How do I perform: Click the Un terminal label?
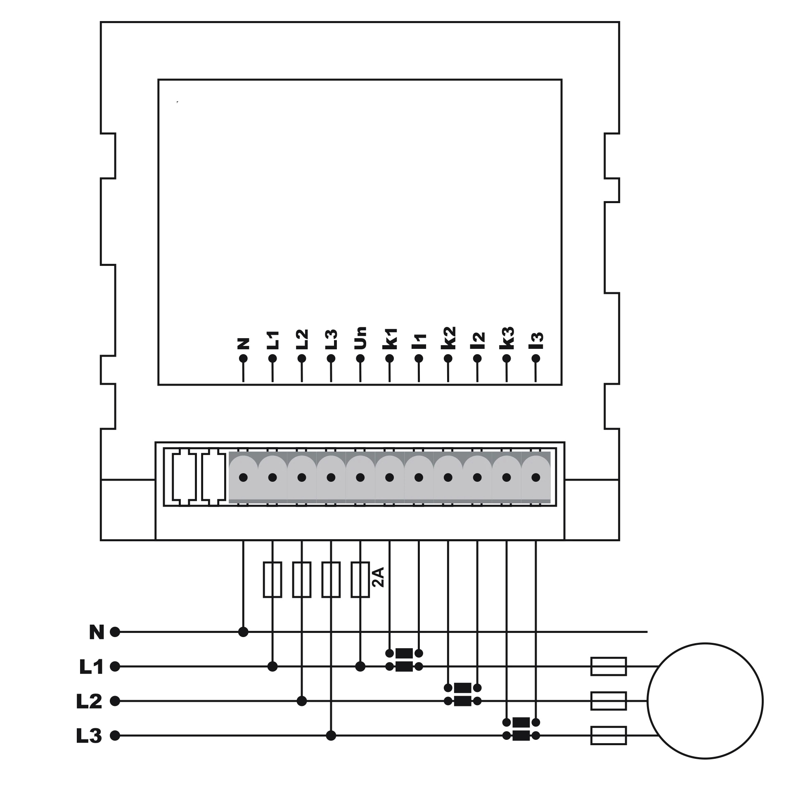tap(360, 338)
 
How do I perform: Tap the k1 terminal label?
tap(390, 339)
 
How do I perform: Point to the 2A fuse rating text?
tap(378, 577)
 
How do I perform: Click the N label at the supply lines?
tap(97, 632)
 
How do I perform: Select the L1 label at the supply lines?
tap(91, 667)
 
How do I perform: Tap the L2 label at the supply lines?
tap(89, 701)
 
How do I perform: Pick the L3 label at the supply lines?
tap(89, 736)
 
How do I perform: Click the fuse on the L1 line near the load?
tap(609, 667)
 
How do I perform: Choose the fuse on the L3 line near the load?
tap(609, 736)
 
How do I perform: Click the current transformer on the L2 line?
tap(463, 695)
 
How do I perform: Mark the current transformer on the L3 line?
tap(521, 729)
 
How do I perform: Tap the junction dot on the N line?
tap(243, 632)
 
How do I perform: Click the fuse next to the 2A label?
tap(360, 579)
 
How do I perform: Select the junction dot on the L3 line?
tap(331, 736)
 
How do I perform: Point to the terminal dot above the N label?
tap(243, 358)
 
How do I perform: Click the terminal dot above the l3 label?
tap(536, 358)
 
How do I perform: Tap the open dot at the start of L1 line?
tap(115, 667)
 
